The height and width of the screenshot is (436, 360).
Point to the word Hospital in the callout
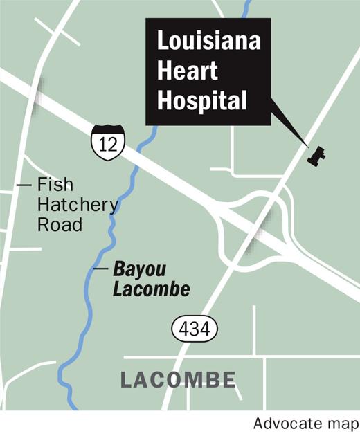pyautogui.click(x=202, y=101)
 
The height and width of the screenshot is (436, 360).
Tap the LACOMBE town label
pyautogui.click(x=178, y=380)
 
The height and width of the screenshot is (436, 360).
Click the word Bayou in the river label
pyautogui.click(x=134, y=269)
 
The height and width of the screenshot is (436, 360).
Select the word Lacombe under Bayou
pyautogui.click(x=151, y=289)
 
